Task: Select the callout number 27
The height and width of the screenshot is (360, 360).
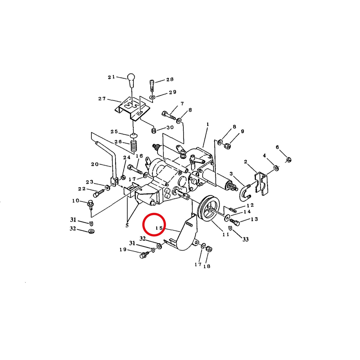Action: coord(102,98)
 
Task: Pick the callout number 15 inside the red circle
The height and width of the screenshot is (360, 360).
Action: coord(159,228)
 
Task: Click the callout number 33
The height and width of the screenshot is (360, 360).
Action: coord(245,239)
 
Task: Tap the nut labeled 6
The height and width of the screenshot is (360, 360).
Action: coord(289,160)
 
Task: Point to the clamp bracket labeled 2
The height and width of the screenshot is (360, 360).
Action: coord(262,184)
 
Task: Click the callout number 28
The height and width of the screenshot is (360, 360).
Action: coord(170,79)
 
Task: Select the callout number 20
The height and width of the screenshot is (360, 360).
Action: coord(95,164)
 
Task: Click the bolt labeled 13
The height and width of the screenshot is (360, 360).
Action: coord(235,222)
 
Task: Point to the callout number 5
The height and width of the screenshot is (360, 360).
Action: coord(127,226)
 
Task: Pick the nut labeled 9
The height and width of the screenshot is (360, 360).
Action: coord(227,145)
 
